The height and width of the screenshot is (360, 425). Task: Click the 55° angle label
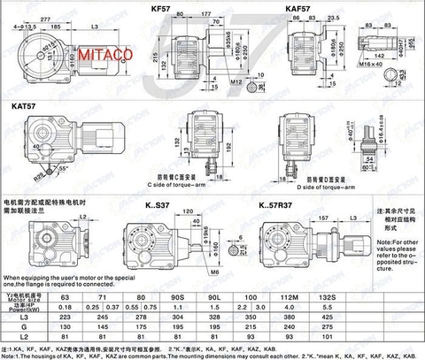click(x=63, y=165)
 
